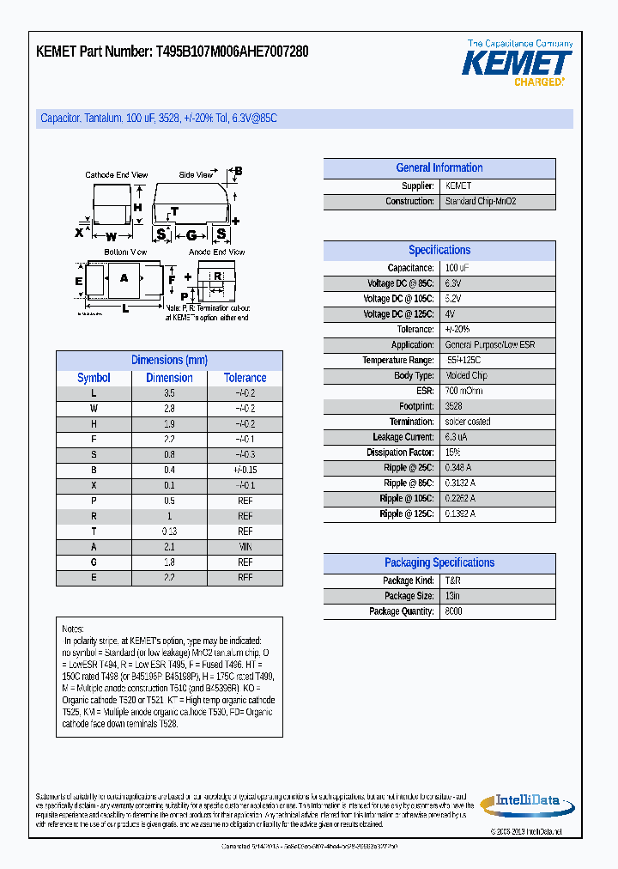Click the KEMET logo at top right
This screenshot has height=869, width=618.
[x=517, y=63]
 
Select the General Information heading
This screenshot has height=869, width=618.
[x=439, y=168]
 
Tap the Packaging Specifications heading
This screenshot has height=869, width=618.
[x=439, y=563]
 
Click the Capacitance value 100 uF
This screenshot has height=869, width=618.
[x=457, y=268]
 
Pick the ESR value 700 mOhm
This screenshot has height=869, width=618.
[x=463, y=391]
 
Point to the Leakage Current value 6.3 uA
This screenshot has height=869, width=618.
[x=457, y=437]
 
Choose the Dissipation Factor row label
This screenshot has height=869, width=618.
[x=400, y=453]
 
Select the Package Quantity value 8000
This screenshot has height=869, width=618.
[x=453, y=611]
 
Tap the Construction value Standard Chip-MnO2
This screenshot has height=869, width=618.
[x=480, y=202]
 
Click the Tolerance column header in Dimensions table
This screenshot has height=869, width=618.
[x=245, y=378]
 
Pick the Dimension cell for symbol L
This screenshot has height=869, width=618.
[x=169, y=393]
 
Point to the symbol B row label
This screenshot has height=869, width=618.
[x=94, y=471]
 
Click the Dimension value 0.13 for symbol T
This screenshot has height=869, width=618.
[x=169, y=532]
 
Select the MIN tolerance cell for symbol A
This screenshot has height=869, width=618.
[x=245, y=548]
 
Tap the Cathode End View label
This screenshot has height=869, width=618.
[x=117, y=175]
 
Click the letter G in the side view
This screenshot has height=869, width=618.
[x=191, y=234]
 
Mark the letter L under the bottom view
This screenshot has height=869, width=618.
[x=125, y=307]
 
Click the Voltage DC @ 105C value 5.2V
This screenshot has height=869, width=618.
[x=452, y=299]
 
